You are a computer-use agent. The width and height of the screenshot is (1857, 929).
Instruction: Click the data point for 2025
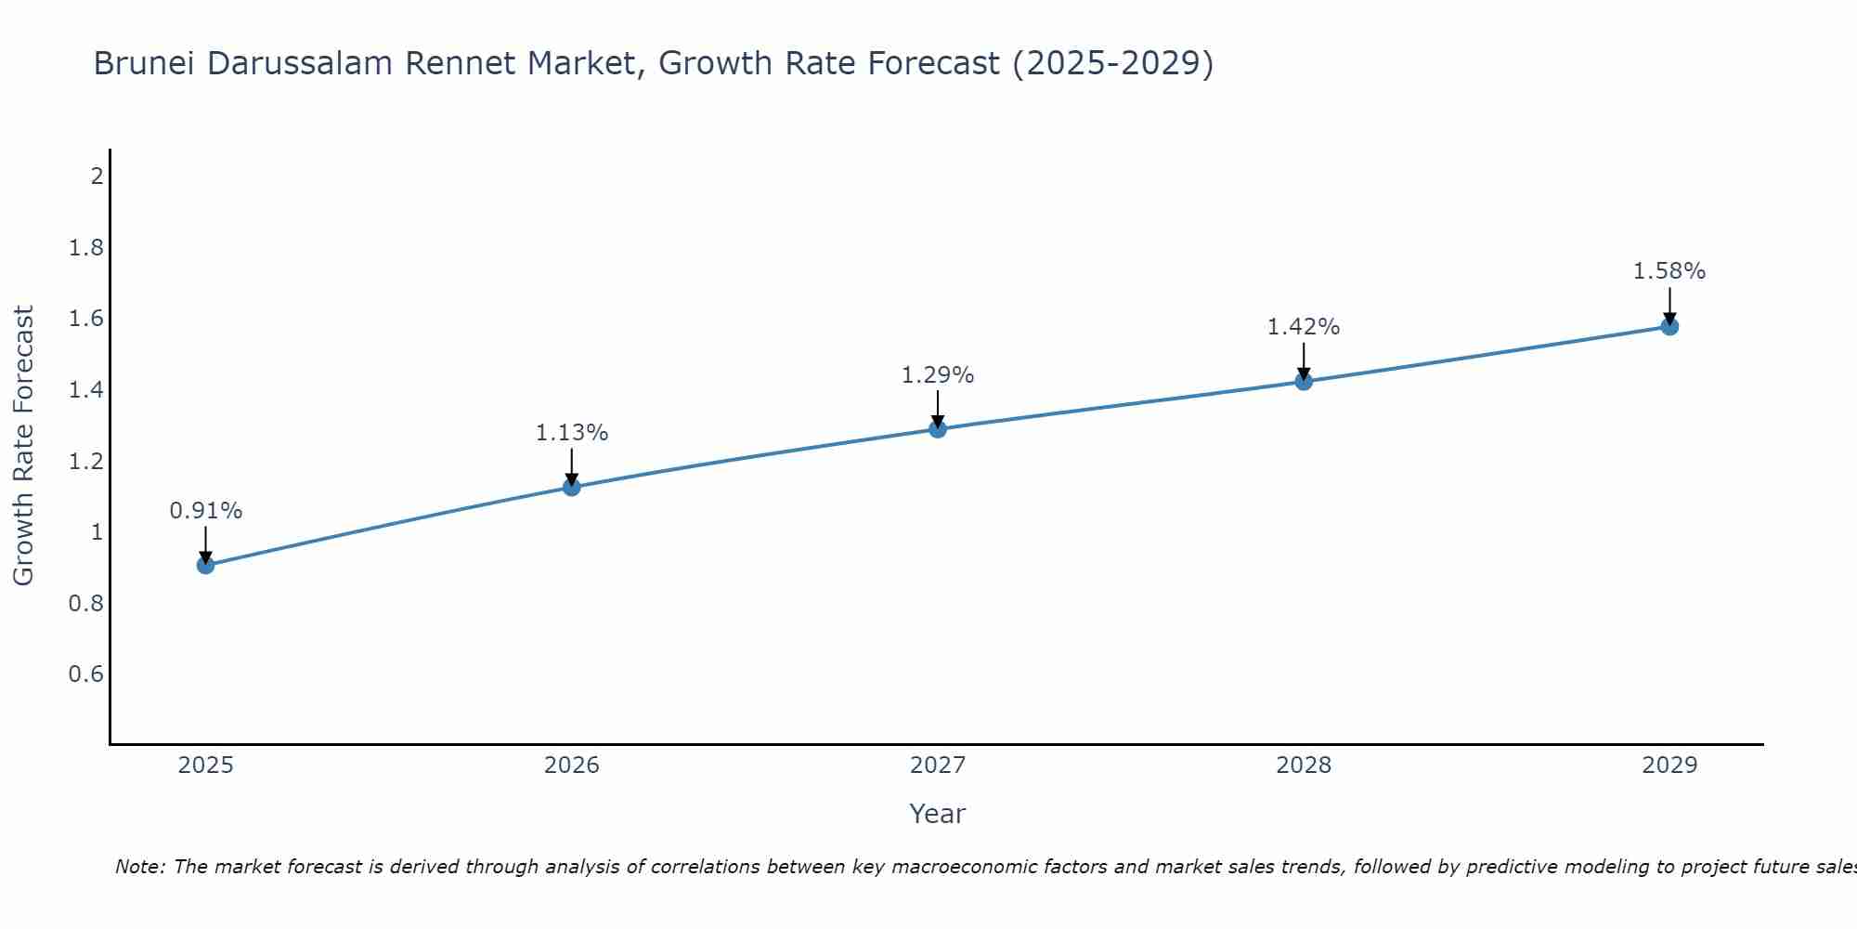(x=206, y=565)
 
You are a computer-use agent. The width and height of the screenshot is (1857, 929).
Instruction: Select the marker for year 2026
(x=572, y=487)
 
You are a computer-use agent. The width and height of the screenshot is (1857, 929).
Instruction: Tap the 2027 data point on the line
(x=938, y=428)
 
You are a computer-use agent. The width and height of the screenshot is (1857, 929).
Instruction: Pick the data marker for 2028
(x=1304, y=381)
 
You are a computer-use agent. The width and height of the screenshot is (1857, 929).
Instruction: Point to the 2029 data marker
(x=1669, y=326)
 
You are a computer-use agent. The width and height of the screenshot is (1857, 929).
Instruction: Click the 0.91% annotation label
(x=206, y=511)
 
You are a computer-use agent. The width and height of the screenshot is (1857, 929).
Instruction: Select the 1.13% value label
(x=572, y=433)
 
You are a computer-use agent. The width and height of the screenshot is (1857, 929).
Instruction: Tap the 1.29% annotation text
(x=938, y=375)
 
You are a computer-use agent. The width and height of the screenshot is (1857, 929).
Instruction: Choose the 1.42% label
(x=1304, y=327)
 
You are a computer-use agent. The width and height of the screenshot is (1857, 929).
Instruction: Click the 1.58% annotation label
(x=1669, y=271)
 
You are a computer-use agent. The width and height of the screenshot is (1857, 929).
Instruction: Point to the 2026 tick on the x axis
(x=572, y=765)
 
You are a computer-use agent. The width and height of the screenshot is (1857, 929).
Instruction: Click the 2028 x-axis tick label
(x=1304, y=765)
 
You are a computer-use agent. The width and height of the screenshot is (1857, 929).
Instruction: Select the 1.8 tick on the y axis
(x=86, y=248)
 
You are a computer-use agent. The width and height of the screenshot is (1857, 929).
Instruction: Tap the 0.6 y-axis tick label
(x=86, y=674)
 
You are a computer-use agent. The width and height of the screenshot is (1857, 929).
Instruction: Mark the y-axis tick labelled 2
(x=97, y=176)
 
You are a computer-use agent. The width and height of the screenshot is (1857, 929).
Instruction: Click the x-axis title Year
(x=938, y=814)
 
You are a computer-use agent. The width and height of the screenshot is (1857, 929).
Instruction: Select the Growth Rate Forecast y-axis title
(x=24, y=446)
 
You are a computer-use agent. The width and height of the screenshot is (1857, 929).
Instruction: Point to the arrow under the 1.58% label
(x=1669, y=305)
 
